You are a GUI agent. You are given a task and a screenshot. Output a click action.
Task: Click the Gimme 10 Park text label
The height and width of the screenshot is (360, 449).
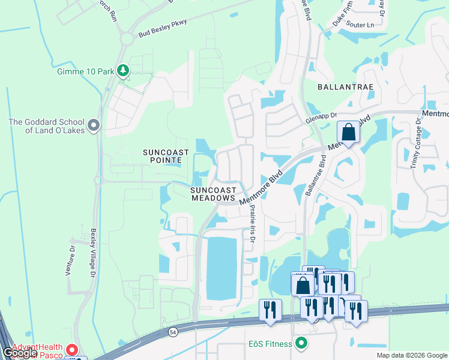[x=85, y=71]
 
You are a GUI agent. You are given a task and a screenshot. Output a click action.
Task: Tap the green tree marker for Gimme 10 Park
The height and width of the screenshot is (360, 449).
[x=123, y=71]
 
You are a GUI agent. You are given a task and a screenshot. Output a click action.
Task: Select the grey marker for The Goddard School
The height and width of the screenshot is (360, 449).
[x=93, y=125]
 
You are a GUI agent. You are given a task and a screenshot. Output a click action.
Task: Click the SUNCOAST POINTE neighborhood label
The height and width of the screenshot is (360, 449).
[x=166, y=157]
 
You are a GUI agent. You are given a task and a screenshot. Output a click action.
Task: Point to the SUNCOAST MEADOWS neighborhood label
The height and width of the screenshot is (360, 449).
[x=212, y=193]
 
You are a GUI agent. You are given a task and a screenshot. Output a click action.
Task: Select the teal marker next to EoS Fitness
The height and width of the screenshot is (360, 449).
[x=301, y=344]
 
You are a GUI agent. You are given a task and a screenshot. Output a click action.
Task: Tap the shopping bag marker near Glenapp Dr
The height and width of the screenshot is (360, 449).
[x=348, y=130]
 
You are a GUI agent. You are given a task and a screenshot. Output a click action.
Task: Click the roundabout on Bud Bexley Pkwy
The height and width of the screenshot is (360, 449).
[x=127, y=40]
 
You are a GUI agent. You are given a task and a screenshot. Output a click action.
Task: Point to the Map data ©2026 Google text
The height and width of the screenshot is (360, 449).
[x=411, y=355]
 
